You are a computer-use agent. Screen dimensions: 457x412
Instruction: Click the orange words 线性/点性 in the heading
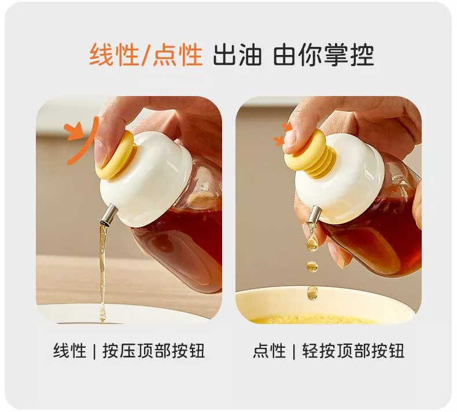coord(146,54)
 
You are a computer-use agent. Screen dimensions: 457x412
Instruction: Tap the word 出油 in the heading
coord(237,54)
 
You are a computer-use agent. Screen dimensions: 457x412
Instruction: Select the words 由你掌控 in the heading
coord(323,54)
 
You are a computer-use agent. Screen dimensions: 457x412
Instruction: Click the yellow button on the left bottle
coord(115,155)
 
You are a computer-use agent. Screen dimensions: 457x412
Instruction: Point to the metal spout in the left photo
coord(108,215)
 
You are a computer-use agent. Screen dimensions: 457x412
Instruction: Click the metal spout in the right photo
coord(314,214)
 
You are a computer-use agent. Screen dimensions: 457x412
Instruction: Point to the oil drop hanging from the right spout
coord(312,239)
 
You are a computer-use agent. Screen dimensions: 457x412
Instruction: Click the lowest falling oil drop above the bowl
coord(312,292)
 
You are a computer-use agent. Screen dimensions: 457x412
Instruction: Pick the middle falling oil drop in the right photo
coord(312,267)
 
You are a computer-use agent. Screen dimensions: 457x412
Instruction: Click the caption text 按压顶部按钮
coord(154,351)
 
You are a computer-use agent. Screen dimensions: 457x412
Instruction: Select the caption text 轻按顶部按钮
coord(353,351)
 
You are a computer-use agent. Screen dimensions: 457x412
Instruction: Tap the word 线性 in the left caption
coord(69,351)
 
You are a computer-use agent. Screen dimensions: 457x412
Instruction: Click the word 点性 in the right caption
coord(270,351)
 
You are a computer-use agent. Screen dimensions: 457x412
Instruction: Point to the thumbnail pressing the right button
coord(292,141)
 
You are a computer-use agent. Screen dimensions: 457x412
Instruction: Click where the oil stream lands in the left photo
coord(102,320)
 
